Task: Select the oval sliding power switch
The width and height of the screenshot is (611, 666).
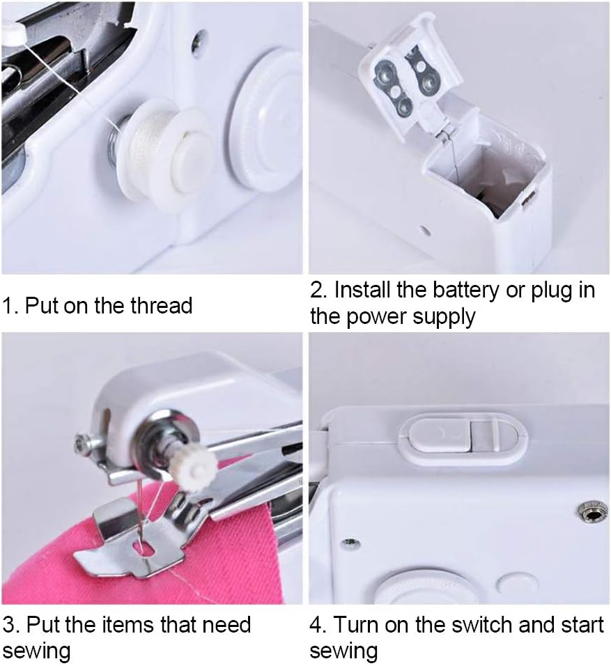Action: [463, 436]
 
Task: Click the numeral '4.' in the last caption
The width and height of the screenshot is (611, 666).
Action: [318, 624]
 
